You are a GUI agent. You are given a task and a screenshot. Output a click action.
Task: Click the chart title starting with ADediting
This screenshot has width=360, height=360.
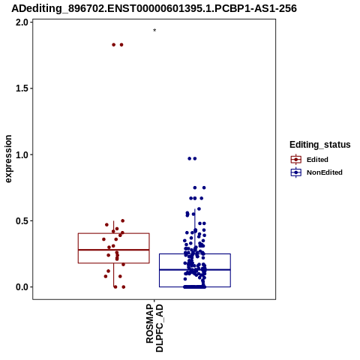[x=154, y=8]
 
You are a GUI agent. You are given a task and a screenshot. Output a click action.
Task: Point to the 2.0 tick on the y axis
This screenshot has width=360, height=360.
[x=22, y=22]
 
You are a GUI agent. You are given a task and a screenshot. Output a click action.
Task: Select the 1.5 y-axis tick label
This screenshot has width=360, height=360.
[x=22, y=88]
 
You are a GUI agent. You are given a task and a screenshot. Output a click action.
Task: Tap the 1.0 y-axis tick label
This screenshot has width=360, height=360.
[x=22, y=154]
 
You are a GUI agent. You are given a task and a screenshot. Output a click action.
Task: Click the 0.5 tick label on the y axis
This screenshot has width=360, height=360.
[x=22, y=221]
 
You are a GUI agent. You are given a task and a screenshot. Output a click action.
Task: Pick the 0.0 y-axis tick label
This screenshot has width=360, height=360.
[x=22, y=287]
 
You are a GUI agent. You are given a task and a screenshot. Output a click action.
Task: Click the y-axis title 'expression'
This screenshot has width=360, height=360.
[x=8, y=159]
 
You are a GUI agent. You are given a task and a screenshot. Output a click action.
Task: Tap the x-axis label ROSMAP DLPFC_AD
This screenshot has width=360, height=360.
[x=154, y=328]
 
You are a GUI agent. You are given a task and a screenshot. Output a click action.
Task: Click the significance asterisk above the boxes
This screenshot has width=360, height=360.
[x=154, y=31]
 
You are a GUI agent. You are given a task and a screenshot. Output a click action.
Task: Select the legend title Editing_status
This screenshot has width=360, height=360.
[x=320, y=145]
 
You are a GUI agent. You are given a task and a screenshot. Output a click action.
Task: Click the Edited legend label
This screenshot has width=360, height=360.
[x=317, y=160]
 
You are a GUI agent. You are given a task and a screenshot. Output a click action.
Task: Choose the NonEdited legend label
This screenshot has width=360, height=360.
[x=325, y=172]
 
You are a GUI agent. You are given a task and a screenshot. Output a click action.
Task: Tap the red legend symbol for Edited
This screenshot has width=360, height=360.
[x=296, y=160]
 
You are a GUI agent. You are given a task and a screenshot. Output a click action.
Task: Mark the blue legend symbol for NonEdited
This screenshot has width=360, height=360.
[x=296, y=172]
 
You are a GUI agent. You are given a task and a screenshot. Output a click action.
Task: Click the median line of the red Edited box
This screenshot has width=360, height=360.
[x=114, y=250]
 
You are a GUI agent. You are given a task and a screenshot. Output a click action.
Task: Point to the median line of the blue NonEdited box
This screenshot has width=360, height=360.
[x=195, y=270]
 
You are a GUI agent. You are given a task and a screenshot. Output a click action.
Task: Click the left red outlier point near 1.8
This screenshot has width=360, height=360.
[x=114, y=45]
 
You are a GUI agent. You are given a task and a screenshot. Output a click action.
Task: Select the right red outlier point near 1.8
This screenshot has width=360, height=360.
[x=121, y=45]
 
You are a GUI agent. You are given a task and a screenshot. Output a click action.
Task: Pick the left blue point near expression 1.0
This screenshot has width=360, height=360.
[x=190, y=158]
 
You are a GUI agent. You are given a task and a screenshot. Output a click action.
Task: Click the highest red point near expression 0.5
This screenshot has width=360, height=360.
[x=123, y=220]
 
